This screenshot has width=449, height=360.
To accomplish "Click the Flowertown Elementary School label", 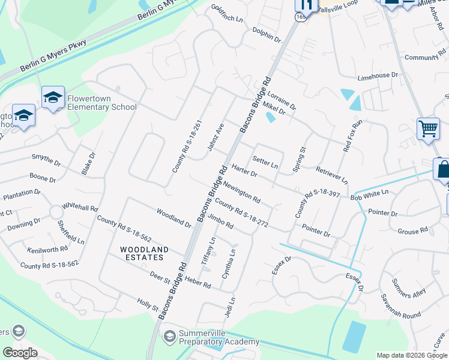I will (102, 102).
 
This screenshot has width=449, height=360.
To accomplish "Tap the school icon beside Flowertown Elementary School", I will (53, 98).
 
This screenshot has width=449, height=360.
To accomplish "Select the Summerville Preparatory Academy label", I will (219, 337).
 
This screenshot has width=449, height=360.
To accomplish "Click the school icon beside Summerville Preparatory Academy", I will (170, 336).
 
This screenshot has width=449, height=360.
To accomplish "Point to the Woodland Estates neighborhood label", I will (142, 253).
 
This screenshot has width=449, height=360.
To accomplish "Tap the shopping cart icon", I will (428, 128).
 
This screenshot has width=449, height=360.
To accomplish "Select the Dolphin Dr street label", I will (267, 35).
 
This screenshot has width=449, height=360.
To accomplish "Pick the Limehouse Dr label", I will (378, 76).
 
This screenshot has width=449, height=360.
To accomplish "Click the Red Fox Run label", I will (353, 135).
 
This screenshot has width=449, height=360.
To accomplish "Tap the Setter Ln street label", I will (265, 161).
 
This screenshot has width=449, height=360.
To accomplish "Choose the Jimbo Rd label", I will (220, 223).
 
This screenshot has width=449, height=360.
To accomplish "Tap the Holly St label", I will (147, 305).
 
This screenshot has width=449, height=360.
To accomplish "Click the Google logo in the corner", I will (20, 353).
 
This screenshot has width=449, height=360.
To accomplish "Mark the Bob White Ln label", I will (370, 196).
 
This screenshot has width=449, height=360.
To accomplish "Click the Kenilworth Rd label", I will (47, 249).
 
